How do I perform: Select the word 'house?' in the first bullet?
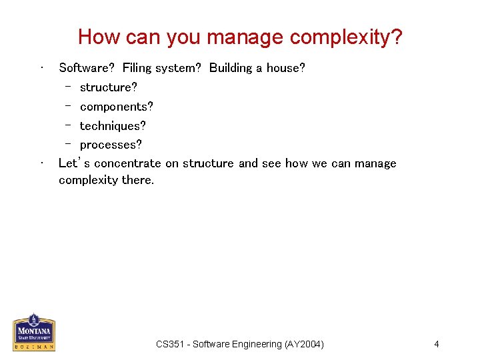[286, 68]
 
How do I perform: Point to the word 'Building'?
[231, 68]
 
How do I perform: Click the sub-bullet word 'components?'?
[117, 107]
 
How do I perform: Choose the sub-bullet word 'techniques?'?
[113, 126]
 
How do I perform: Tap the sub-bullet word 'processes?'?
[111, 145]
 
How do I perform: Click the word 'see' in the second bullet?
[271, 163]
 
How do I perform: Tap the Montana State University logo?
[34, 332]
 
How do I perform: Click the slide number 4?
[436, 344]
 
